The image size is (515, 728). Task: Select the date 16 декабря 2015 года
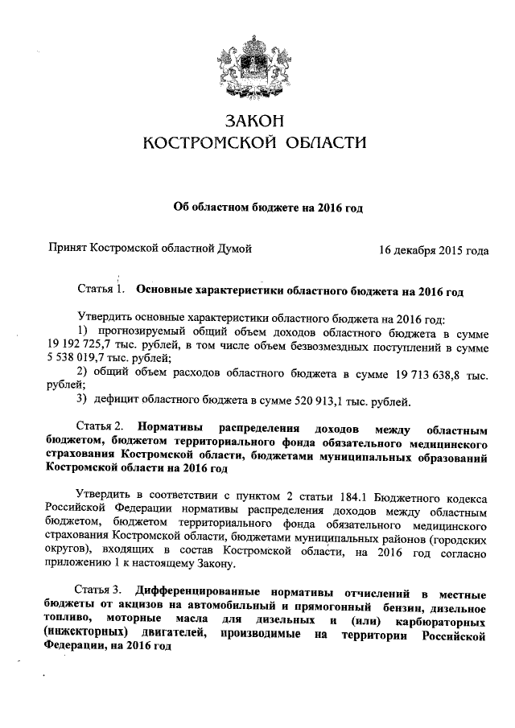434,250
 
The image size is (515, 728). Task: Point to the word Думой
233,249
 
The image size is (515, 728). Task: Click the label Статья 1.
99,288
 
